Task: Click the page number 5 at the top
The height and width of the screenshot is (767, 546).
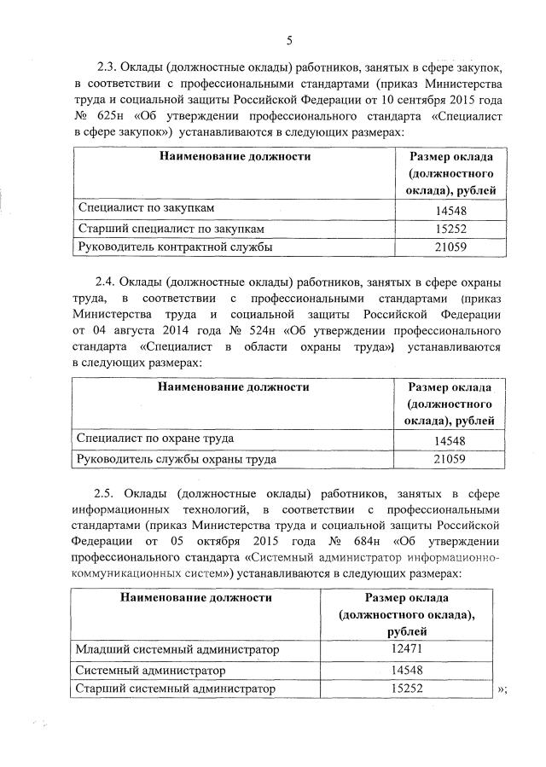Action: point(290,40)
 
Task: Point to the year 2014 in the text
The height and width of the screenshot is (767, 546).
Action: point(179,331)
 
